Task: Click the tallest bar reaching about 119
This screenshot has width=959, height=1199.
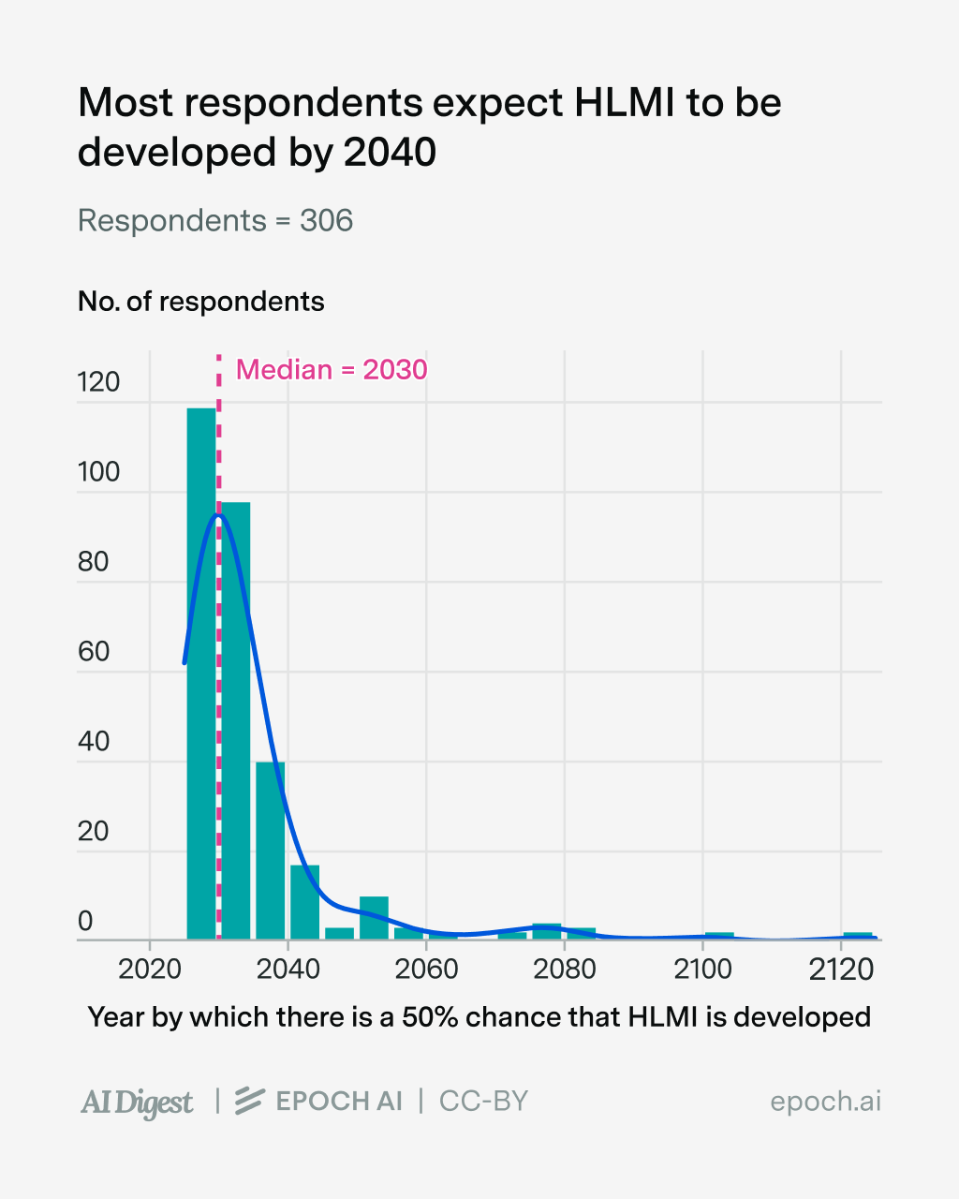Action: point(200,674)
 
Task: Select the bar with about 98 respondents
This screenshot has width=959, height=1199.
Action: point(236,721)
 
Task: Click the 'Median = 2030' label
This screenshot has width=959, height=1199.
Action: point(332,370)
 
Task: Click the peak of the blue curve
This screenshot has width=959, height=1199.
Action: point(218,514)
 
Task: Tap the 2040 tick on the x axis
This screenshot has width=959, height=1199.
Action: point(288,969)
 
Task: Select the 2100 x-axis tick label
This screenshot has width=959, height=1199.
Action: point(702,969)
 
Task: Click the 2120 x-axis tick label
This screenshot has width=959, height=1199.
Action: point(840,969)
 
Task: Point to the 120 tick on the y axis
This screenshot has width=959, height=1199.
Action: point(98,382)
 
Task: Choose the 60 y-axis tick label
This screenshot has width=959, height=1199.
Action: point(94,652)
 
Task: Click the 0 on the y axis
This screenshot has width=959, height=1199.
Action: point(85,922)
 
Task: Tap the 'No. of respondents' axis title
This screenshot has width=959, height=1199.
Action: point(201,302)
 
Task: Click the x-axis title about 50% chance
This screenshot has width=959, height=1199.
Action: point(479,1017)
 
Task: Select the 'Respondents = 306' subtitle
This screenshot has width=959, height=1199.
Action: point(215,221)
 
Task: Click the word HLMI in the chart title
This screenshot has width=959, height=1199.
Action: point(624,103)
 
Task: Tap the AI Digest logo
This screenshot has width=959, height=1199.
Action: point(137,1103)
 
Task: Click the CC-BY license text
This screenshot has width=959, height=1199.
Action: point(483,1102)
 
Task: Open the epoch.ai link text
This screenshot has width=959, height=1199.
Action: point(825,1102)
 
